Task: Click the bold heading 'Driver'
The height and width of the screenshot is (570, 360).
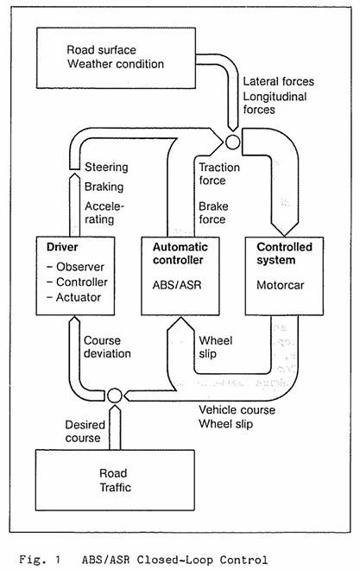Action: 62,247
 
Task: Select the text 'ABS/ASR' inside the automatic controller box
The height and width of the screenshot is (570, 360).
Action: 177,285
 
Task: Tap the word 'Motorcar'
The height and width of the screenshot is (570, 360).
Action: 280,285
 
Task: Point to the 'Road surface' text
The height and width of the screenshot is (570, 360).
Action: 101,50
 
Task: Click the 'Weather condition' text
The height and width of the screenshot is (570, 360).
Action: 116,64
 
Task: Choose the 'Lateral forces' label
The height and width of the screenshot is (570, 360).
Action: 279,81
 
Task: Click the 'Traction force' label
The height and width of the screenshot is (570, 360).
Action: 219,174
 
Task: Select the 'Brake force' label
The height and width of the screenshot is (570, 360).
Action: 213,212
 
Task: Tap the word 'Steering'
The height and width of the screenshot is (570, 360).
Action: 106,168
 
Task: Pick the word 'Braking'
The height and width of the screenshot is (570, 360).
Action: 104,187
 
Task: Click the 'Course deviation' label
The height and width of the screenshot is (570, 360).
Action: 107,347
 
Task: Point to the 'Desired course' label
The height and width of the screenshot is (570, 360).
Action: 85,431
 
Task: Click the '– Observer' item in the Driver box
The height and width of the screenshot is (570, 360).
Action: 76,267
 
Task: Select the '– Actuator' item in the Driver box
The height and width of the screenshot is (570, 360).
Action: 74,297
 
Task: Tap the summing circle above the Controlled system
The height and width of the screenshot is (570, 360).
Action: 232,142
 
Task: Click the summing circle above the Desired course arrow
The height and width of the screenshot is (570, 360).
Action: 115,396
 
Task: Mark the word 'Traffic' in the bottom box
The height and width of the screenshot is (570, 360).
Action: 115,487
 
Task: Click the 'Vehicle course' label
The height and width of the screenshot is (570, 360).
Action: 237,410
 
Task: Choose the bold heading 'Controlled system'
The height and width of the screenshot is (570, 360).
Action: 284,253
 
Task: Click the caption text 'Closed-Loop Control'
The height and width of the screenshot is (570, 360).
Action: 202,560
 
